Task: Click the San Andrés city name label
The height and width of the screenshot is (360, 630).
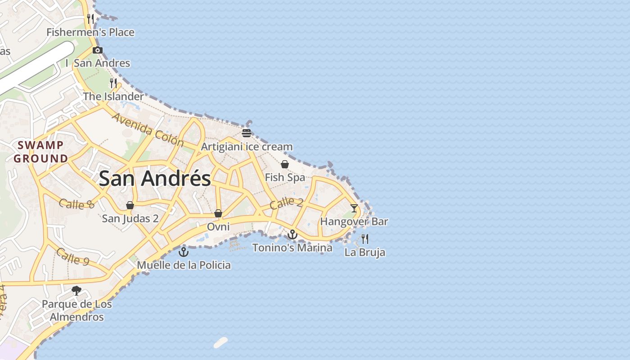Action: coord(154,179)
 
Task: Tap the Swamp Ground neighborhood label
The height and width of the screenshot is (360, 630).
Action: coord(40,152)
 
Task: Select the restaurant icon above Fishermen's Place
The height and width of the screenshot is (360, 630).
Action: coord(90,19)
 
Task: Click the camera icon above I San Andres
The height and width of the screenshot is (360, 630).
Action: coord(98,50)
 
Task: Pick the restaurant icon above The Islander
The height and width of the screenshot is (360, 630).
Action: coord(113,83)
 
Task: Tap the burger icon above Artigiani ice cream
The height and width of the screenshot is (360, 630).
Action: coord(246,133)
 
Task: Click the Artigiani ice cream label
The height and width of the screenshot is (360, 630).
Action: coord(247,147)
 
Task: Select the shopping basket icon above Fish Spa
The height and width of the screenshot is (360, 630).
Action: coord(285,164)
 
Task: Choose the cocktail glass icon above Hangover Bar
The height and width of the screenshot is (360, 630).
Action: coord(354,208)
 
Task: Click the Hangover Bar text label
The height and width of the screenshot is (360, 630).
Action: coord(354,221)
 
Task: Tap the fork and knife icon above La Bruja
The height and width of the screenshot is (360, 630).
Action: coord(365,238)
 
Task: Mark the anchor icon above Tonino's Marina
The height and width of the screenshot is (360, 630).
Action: coord(292,234)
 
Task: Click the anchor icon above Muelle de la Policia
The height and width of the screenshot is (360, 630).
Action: coord(183,252)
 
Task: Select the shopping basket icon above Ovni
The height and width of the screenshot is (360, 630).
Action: coord(218,213)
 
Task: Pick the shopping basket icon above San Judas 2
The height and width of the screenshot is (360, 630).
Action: coord(130,205)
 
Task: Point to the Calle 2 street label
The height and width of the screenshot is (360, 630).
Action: coord(286,203)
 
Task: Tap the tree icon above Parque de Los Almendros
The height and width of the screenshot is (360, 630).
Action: coord(76,290)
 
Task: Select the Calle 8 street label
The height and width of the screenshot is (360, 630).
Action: coord(76,204)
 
